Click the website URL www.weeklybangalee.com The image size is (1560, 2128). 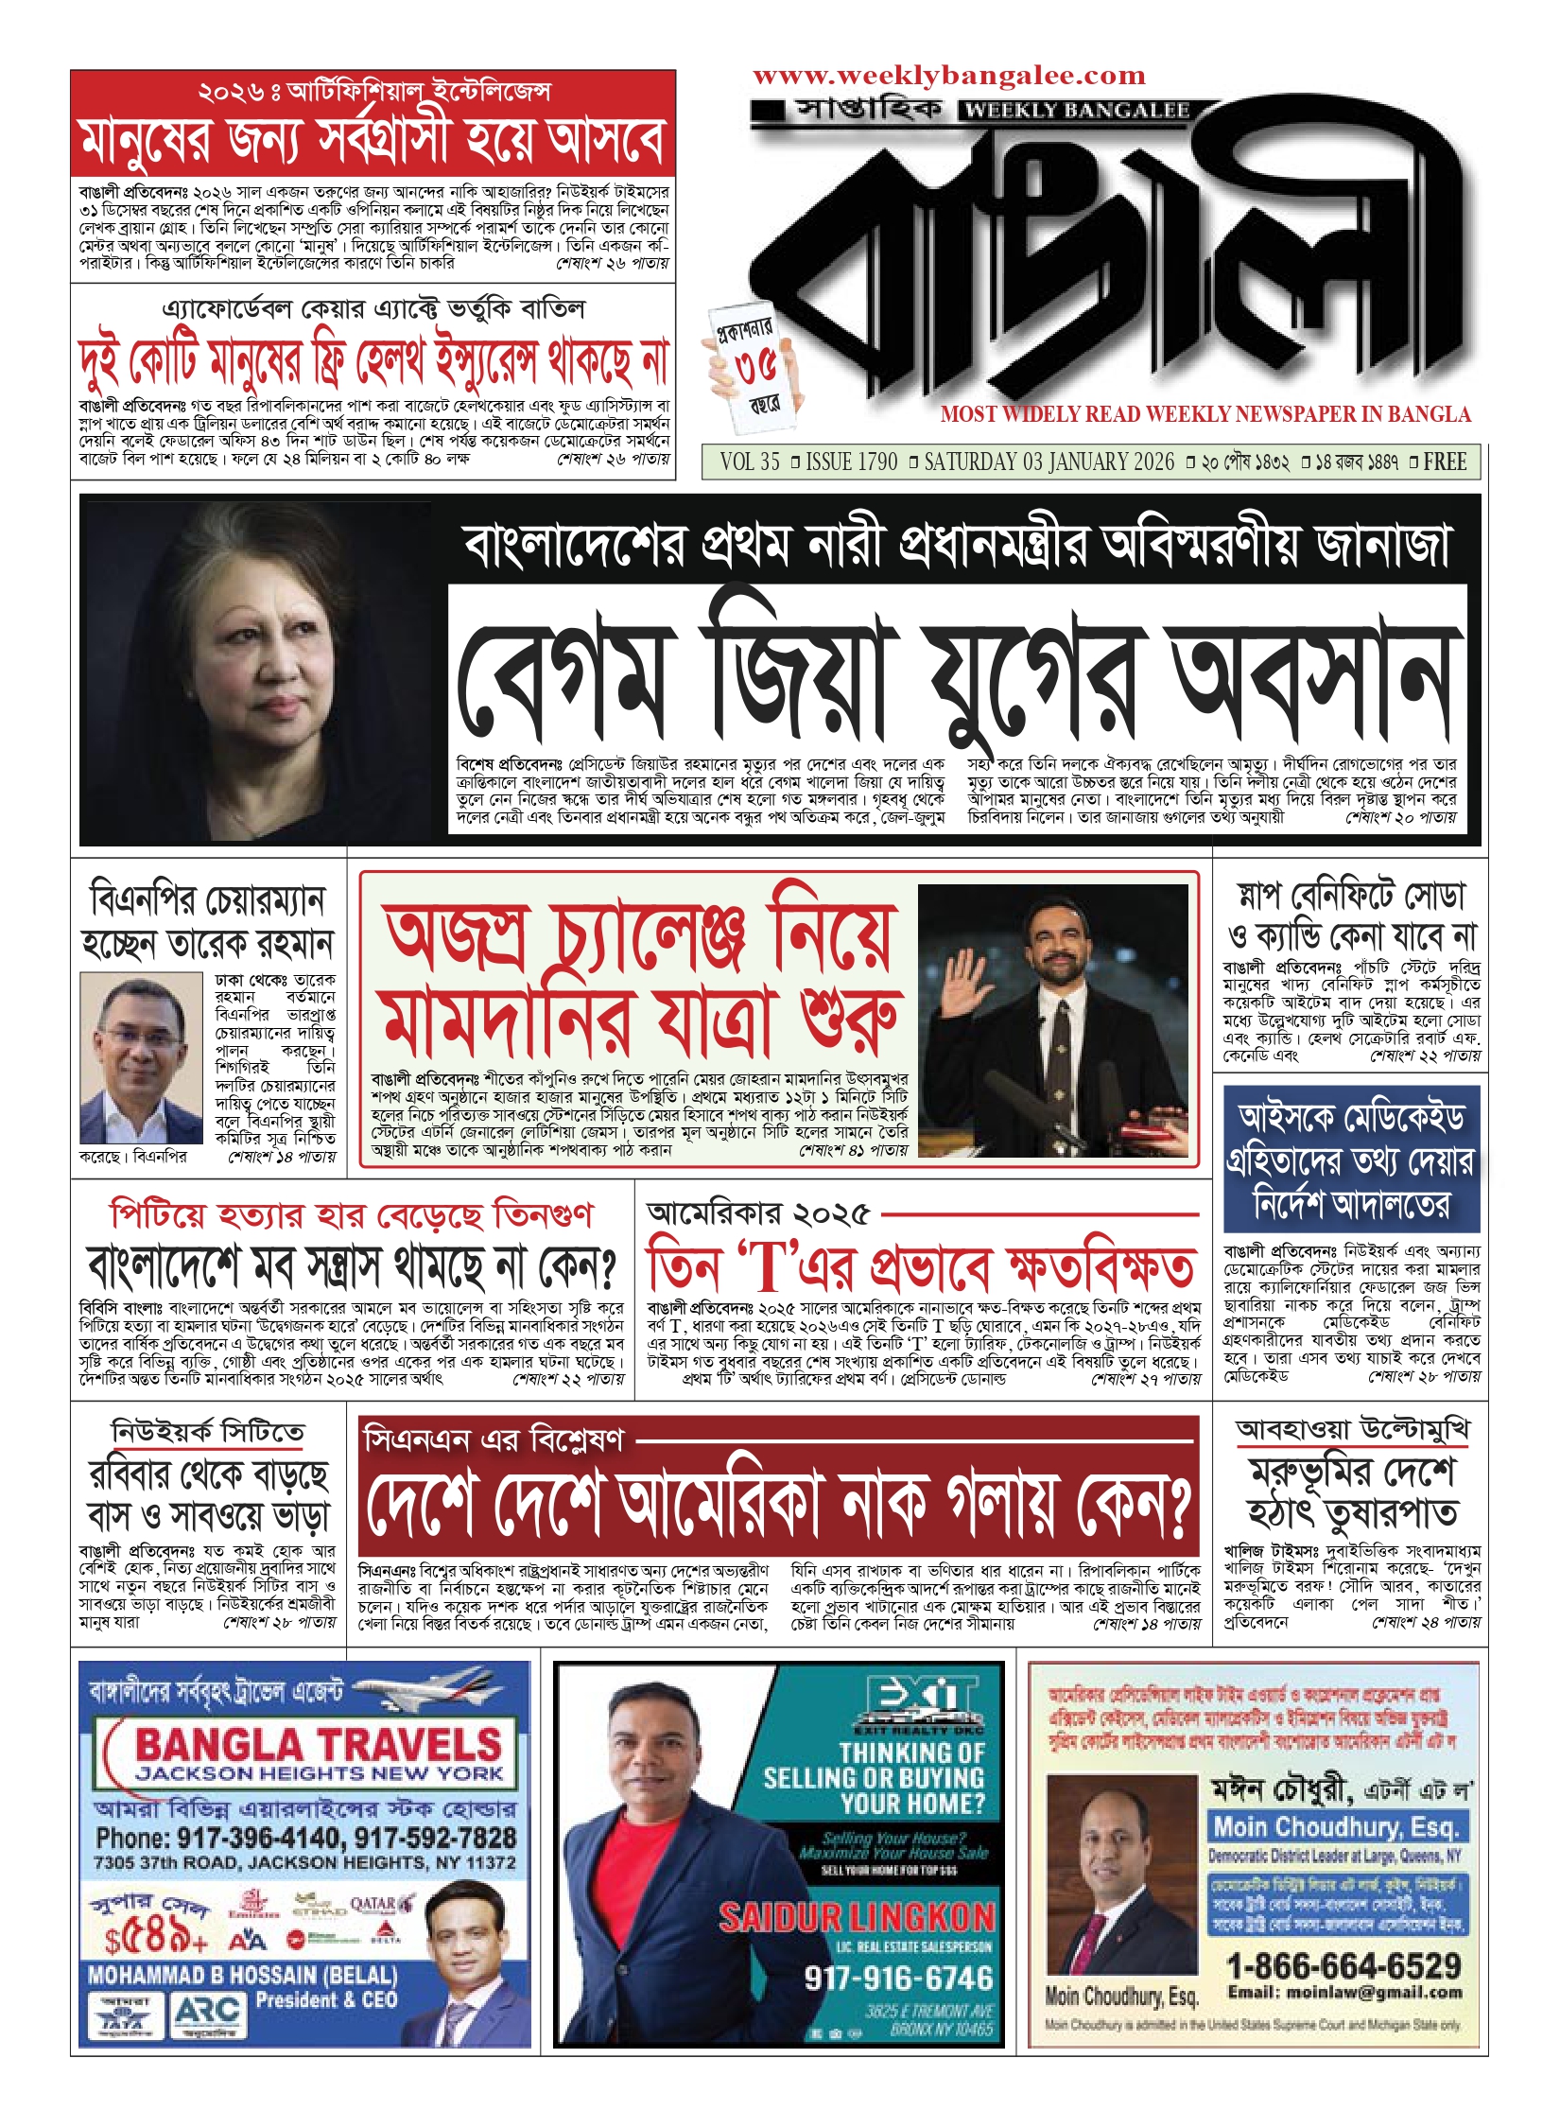tap(948, 76)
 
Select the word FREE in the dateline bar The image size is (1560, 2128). tap(1445, 462)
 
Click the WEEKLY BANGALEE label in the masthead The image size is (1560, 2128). tap(1077, 111)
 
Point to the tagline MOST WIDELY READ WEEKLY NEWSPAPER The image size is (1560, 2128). tap(1205, 414)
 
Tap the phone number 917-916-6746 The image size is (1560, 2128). tap(898, 1978)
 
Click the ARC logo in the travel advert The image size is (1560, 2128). tap(207, 2015)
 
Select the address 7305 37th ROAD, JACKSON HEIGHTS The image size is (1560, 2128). tap(304, 1862)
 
